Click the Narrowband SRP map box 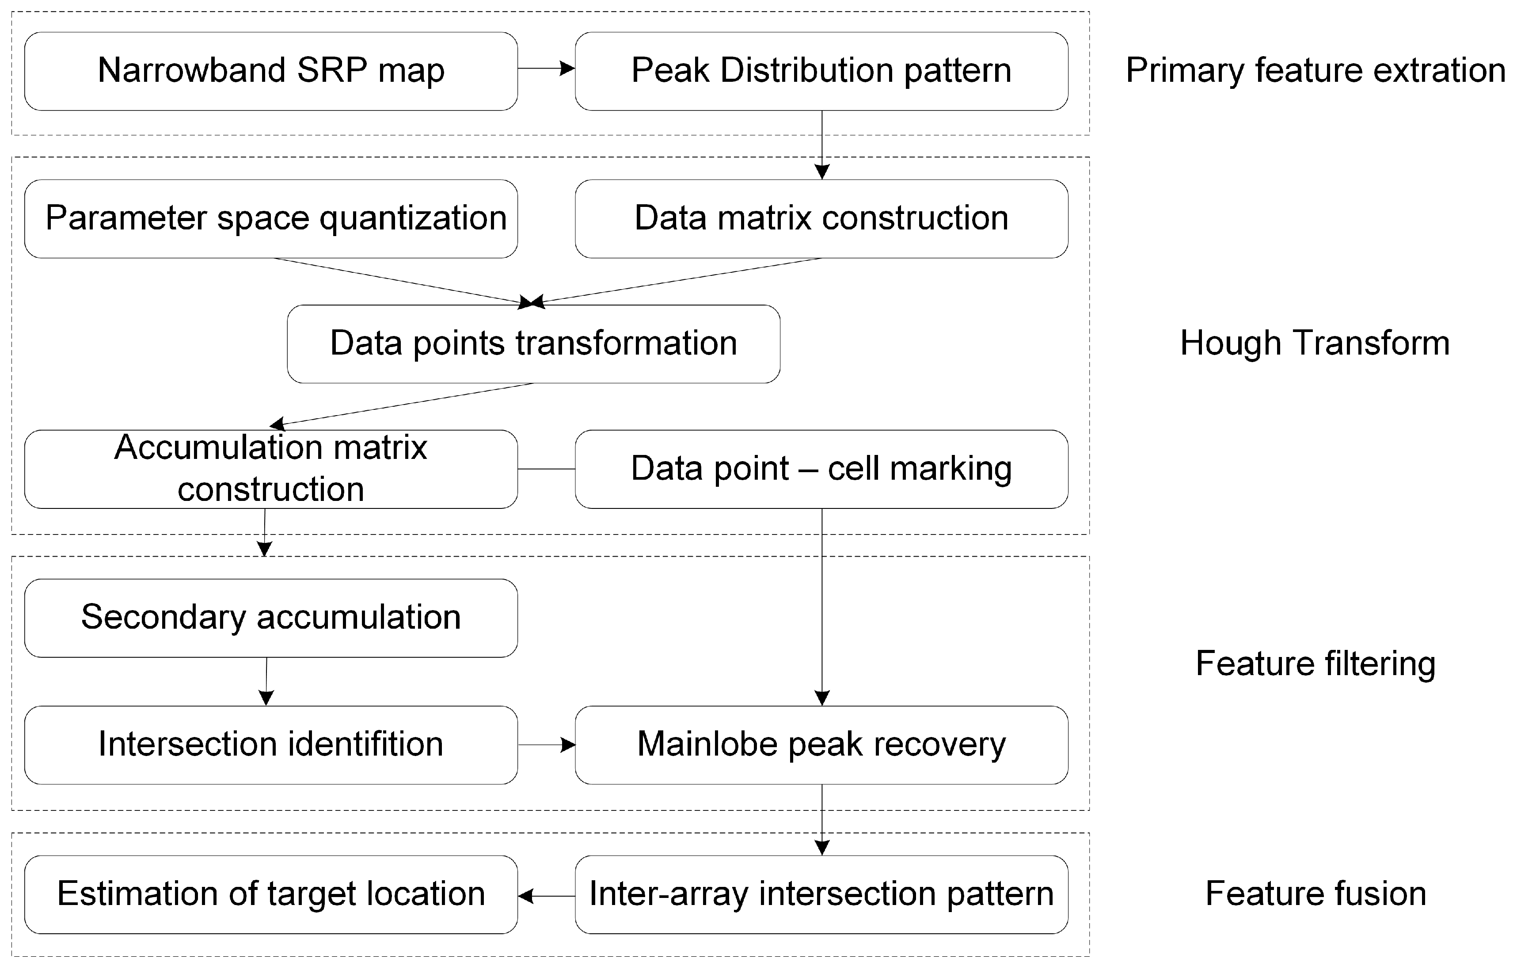271,71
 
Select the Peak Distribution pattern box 821,71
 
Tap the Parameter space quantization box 271,219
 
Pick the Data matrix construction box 821,219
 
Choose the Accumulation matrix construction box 271,469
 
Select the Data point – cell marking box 821,469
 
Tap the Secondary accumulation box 271,618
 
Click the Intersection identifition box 271,745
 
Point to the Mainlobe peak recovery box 821,745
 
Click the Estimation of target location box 271,894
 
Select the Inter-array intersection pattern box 821,894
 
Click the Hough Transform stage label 1314,344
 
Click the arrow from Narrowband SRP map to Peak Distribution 546,68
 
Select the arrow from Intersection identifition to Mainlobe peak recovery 546,745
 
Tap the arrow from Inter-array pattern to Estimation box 546,896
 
